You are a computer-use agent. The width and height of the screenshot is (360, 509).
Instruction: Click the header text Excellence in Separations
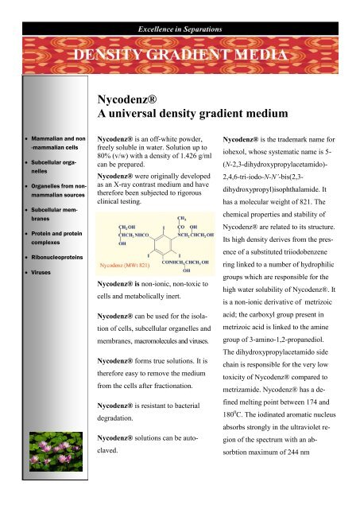point(180,8)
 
